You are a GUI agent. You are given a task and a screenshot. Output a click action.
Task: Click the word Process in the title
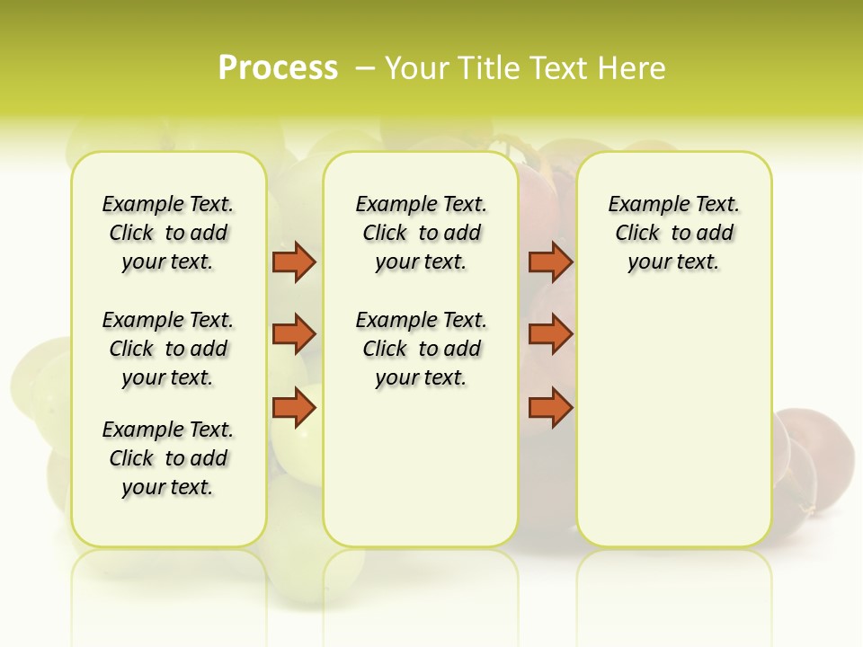click(x=278, y=67)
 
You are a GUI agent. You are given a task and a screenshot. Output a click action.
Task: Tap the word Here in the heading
click(x=634, y=67)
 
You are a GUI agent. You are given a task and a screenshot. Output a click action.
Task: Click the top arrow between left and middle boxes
click(x=294, y=261)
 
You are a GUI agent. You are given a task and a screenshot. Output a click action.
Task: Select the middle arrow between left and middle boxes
click(x=294, y=334)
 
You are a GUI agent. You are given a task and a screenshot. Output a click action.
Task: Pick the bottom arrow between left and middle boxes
click(x=294, y=407)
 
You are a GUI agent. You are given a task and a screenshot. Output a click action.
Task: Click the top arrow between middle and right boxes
click(x=550, y=261)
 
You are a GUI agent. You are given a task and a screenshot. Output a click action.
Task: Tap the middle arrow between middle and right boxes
click(x=550, y=334)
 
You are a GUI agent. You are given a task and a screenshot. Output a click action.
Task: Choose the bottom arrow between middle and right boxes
click(x=550, y=407)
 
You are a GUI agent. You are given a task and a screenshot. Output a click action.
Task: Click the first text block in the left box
click(x=168, y=233)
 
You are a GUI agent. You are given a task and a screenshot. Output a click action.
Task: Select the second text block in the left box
click(x=168, y=349)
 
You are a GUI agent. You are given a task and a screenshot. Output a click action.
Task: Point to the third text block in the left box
click(x=168, y=458)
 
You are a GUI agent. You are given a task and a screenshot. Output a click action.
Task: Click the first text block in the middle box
click(x=421, y=233)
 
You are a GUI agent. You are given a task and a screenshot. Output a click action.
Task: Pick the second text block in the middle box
click(x=421, y=349)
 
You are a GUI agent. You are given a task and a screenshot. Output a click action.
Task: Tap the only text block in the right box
click(x=673, y=233)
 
